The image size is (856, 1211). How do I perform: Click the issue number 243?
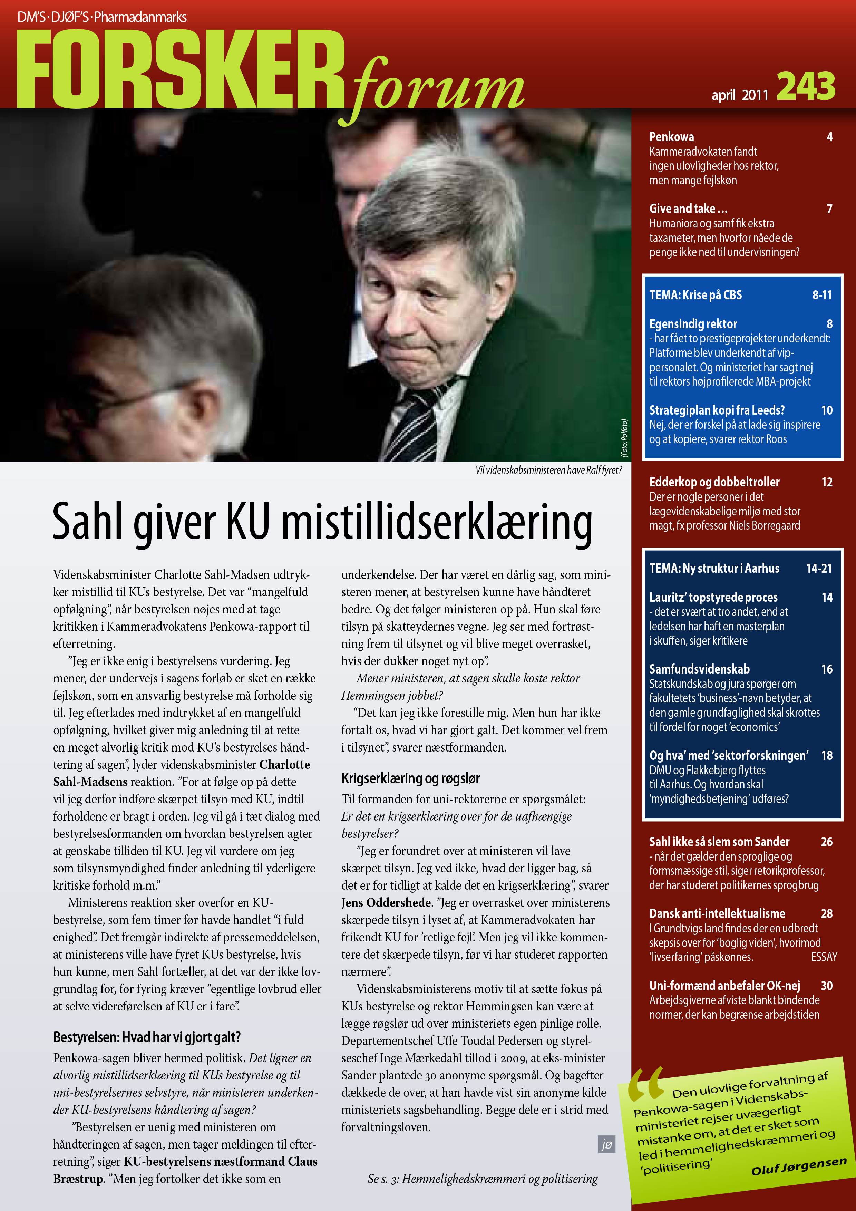[806, 87]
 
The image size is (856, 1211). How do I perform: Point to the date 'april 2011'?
[739, 95]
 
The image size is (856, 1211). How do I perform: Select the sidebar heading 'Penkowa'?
[671, 137]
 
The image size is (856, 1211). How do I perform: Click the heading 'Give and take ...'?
[688, 209]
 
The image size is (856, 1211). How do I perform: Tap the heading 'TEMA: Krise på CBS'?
[695, 295]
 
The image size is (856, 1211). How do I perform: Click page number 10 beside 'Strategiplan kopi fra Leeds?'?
[826, 410]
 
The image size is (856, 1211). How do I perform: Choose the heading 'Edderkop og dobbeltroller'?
[714, 482]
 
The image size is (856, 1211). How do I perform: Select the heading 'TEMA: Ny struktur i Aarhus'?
[714, 569]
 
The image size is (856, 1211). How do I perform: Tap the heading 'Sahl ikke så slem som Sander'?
[719, 842]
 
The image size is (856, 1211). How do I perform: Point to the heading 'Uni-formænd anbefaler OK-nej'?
[724, 986]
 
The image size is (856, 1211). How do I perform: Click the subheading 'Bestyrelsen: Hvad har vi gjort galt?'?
[147, 1037]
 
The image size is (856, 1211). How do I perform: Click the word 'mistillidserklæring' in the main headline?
[437, 522]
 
